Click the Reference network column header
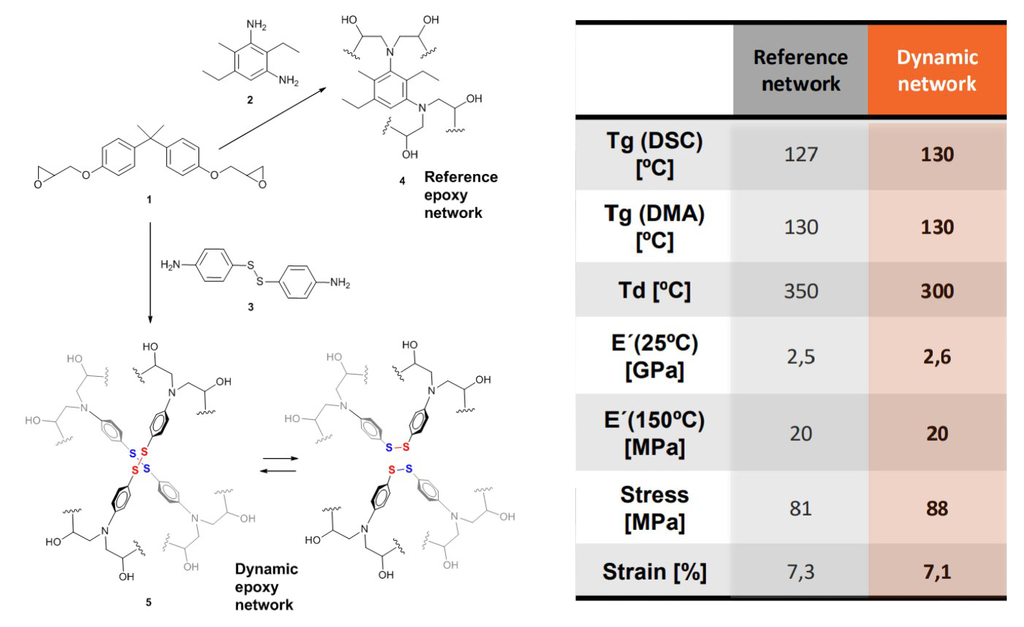(x=800, y=70)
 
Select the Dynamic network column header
(x=937, y=70)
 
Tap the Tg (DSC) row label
(x=654, y=154)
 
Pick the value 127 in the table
(x=800, y=155)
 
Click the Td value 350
(x=800, y=291)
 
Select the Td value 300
(x=937, y=291)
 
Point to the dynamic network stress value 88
(x=937, y=509)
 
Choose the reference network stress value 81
(x=800, y=509)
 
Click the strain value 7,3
(x=800, y=572)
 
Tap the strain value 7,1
(x=937, y=572)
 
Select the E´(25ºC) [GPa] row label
(x=654, y=357)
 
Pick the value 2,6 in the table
(x=937, y=357)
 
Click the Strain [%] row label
(x=654, y=572)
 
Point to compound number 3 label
(x=250, y=307)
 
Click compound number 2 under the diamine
(x=250, y=100)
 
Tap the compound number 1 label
(x=149, y=199)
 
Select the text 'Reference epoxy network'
(x=460, y=195)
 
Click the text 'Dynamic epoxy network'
(x=266, y=587)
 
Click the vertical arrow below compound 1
(x=150, y=273)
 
